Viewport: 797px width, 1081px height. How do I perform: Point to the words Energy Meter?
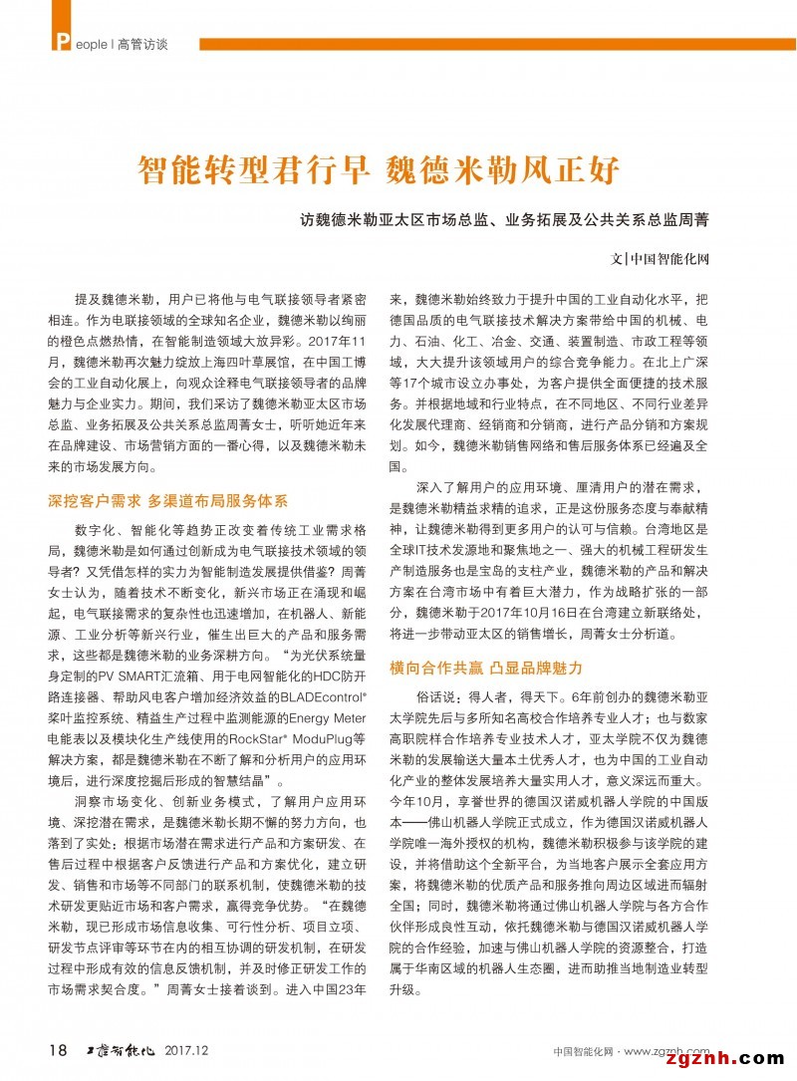coord(323,718)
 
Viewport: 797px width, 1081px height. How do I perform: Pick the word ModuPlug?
coord(318,738)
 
